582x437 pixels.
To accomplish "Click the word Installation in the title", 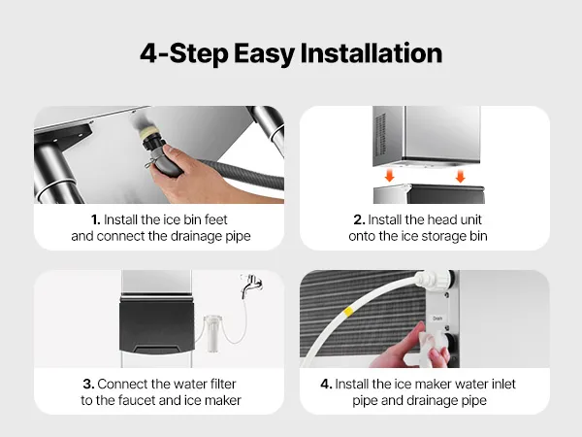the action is point(372,53).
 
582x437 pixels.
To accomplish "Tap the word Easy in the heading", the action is point(264,54).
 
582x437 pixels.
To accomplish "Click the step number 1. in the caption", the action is point(96,219).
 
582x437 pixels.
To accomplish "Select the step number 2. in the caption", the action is point(359,219).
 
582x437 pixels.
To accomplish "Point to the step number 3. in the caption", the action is point(88,384).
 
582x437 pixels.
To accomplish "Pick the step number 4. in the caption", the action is point(326,384).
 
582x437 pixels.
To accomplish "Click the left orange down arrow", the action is point(389,176).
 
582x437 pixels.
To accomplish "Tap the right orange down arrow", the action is point(460,176).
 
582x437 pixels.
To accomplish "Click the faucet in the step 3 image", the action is point(251,285).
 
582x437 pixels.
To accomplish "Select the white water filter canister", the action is point(213,333).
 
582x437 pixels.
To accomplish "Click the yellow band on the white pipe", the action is point(348,312).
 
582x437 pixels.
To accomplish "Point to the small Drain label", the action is point(437,319).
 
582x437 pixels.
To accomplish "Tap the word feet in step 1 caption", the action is point(215,219).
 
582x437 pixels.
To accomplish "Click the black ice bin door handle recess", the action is point(156,350).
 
